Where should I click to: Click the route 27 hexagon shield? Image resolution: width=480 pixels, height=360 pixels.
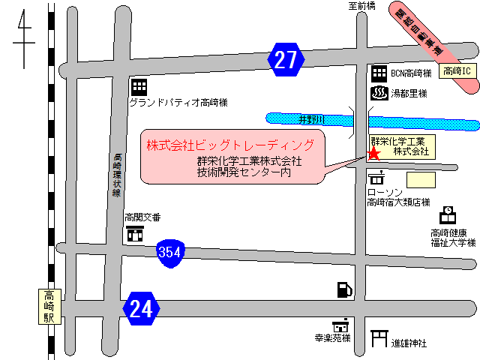286,60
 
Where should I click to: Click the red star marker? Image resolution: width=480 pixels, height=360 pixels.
373,154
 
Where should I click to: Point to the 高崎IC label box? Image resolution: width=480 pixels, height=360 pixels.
457,71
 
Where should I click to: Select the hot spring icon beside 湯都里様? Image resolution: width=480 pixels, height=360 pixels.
379,94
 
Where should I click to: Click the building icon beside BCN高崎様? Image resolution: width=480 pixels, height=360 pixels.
379,73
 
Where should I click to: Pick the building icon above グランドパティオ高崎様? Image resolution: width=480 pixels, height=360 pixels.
139,86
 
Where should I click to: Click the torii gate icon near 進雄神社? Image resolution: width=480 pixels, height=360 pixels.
379,341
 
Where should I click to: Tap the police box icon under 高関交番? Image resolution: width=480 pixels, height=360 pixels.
136,233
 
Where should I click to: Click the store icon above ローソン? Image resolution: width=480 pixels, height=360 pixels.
376,178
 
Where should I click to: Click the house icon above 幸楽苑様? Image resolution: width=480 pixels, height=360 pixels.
343,325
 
